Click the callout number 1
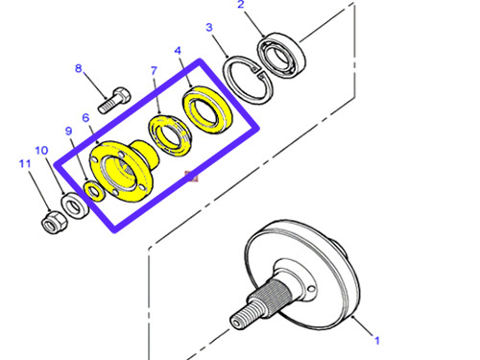[x=377, y=341]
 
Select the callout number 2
[x=241, y=4]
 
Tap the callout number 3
[x=209, y=28]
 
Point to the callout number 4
[x=178, y=51]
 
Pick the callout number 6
[x=85, y=118]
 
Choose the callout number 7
[x=154, y=71]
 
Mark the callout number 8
[x=79, y=68]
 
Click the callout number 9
[x=68, y=132]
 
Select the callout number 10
[x=41, y=151]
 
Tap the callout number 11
[x=25, y=164]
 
